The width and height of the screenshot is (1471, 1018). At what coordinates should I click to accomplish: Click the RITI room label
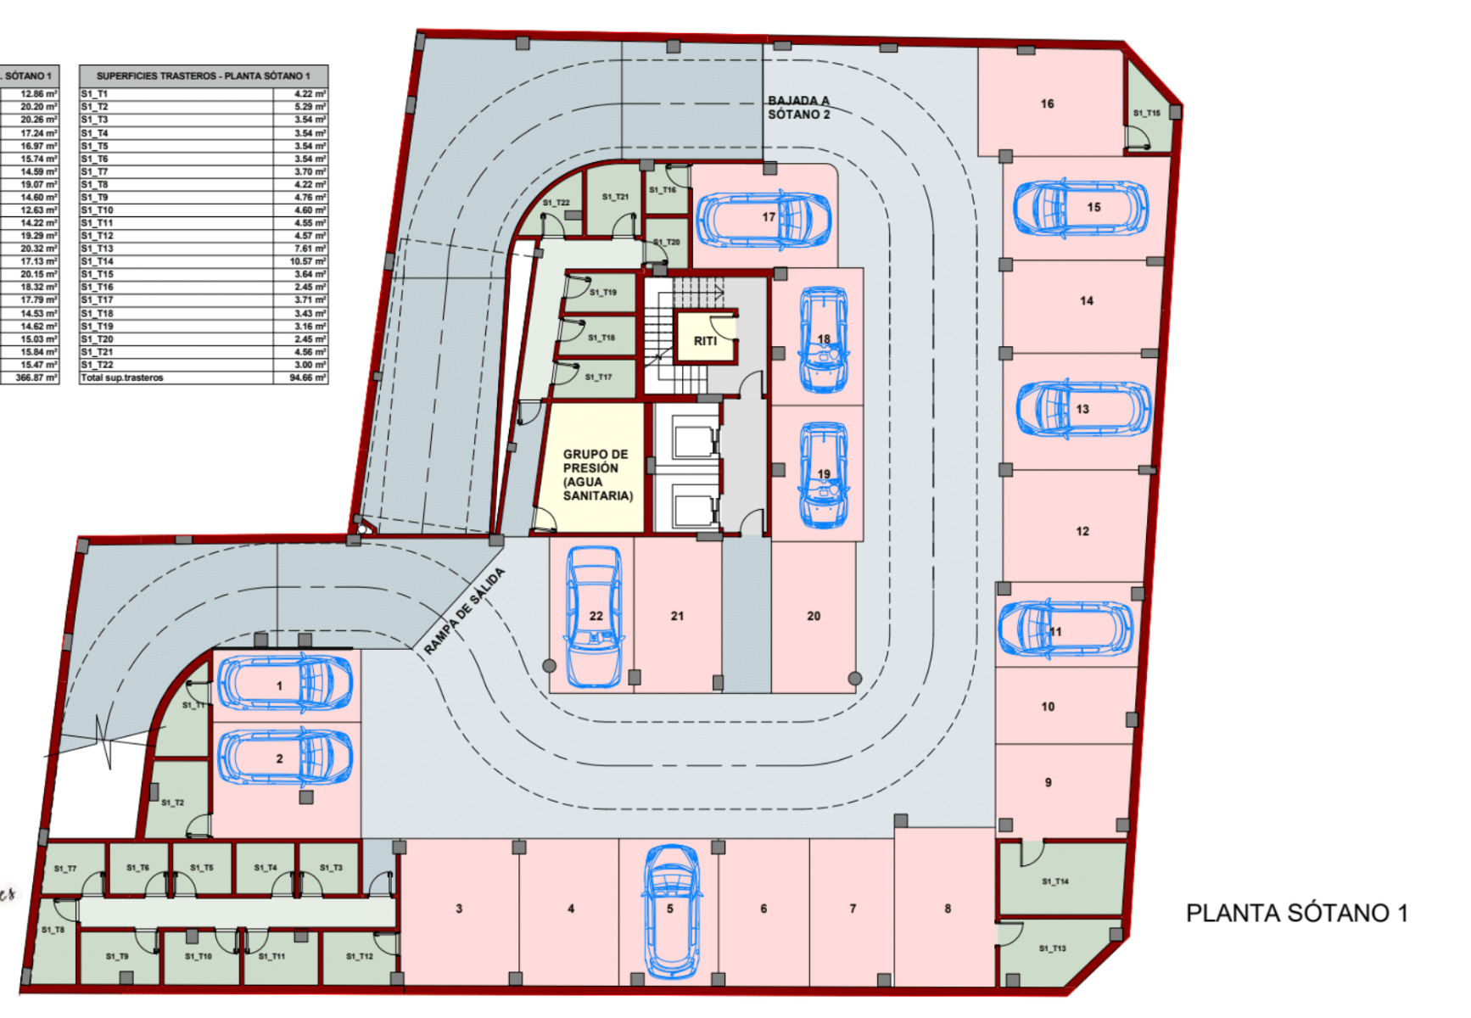705,341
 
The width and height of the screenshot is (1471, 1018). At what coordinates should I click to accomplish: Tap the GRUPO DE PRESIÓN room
597,474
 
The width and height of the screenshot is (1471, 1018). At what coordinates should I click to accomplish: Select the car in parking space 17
763,218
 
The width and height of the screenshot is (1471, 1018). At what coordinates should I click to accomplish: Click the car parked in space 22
594,617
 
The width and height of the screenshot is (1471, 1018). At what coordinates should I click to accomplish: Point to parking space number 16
1047,103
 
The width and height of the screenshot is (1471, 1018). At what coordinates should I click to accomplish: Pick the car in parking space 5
671,909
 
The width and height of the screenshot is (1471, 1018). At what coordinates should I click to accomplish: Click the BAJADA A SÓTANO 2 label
798,108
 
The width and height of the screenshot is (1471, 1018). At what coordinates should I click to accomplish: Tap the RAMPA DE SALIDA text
464,611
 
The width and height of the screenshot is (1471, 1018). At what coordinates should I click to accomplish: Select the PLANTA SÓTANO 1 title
1296,914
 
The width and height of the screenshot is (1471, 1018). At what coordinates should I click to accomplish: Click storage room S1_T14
1055,881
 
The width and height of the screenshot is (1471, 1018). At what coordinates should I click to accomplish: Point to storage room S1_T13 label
1052,948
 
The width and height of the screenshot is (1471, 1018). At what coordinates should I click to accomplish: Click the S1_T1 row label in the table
94,94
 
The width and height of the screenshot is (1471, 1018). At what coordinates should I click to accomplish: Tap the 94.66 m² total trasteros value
307,378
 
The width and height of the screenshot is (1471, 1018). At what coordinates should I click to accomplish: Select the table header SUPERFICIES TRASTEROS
204,76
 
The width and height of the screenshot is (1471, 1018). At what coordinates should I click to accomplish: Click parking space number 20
814,616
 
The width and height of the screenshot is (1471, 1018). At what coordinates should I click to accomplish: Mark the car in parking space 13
1083,409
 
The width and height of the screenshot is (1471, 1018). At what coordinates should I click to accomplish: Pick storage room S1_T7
65,869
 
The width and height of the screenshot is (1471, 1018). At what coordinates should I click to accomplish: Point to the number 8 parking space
948,909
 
